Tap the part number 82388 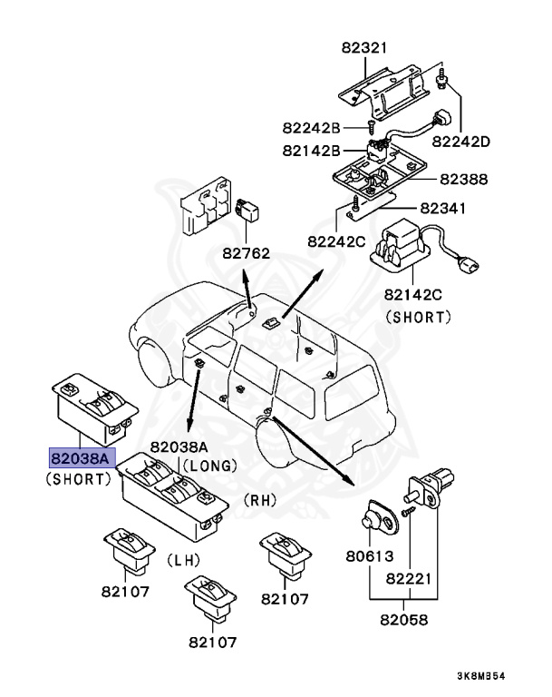(x=463, y=180)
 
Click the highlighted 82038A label (x=79, y=459)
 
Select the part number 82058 (x=402, y=622)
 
